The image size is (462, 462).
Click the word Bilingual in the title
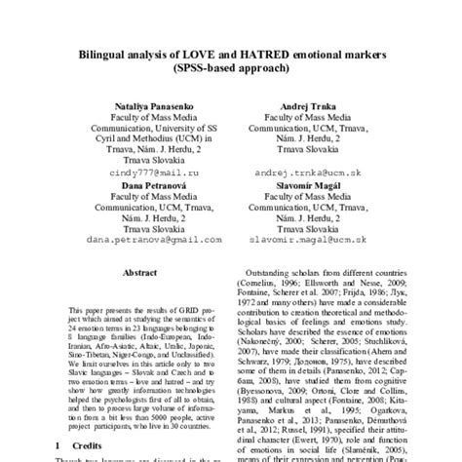tap(110, 56)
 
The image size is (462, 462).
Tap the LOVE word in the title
tap(199, 56)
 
